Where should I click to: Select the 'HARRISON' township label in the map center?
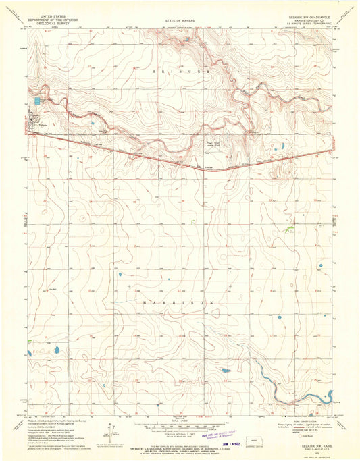[x=180, y=304]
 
